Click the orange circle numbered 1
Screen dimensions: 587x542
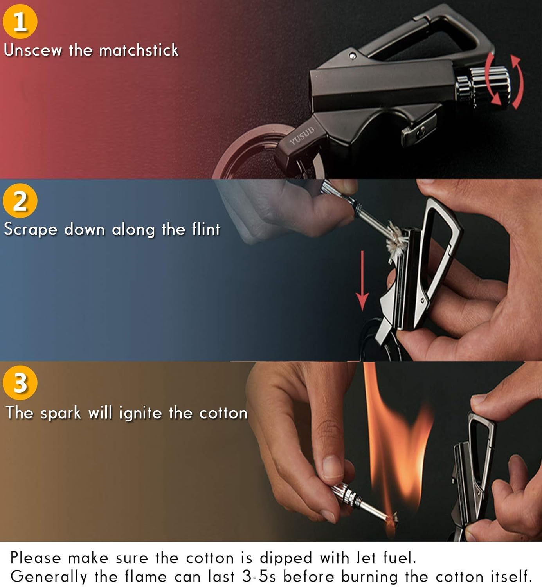[20, 22]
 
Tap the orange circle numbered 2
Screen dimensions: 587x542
[20, 201]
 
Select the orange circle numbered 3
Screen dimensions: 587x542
[20, 382]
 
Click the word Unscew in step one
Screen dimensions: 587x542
[33, 50]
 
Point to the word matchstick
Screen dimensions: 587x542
[139, 50]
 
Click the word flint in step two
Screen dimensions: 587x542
[206, 229]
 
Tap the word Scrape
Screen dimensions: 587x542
[31, 230]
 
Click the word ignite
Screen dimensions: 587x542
[140, 414]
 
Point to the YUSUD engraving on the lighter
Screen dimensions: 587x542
[302, 136]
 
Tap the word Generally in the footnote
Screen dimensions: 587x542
[49, 577]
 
